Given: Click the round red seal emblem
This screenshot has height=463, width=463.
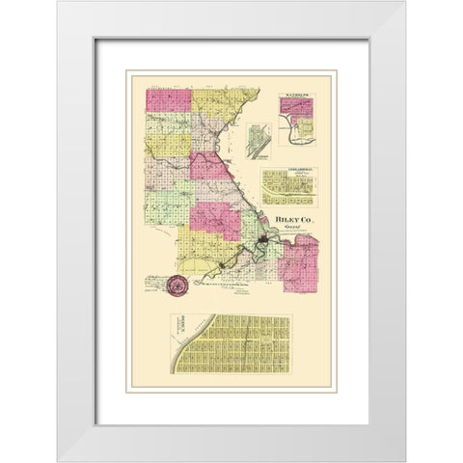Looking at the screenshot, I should coord(177,286).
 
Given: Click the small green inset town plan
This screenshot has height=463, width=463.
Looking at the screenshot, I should coord(257,143).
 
